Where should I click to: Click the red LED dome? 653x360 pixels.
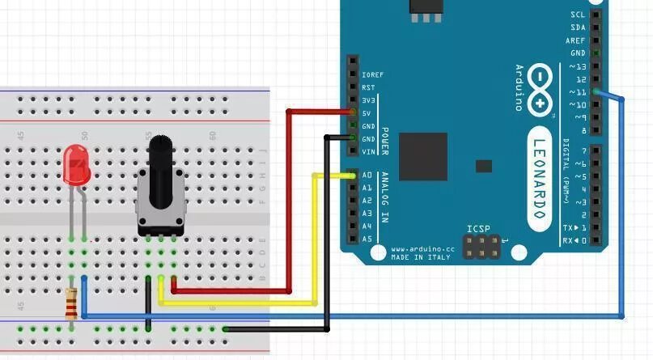[76, 162]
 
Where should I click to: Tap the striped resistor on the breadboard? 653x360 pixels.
[73, 303]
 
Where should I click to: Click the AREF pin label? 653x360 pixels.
[576, 40]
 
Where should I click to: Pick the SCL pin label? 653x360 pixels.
[578, 15]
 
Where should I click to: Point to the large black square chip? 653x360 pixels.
[422, 156]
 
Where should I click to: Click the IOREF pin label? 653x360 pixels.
[372, 74]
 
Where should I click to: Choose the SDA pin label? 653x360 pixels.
[578, 28]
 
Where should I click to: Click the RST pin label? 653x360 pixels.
[368, 87]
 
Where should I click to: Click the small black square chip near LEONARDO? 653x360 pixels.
[483, 166]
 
